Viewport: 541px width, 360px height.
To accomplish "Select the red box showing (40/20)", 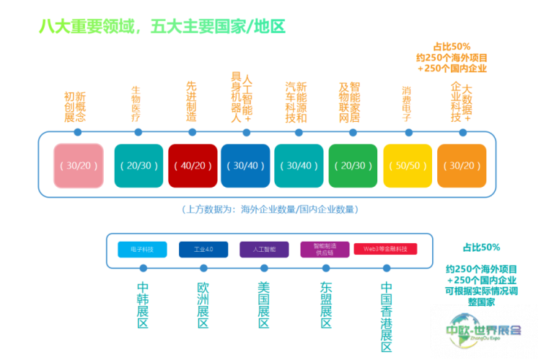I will [192, 165].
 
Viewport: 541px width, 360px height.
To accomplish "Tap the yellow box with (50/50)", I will [408, 165].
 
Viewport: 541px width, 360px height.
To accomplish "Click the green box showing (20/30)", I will [353, 165].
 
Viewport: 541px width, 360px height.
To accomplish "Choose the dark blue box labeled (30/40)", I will [245, 165].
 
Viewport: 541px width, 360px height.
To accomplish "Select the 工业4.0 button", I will [203, 249].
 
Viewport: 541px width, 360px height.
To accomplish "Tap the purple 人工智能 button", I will [264, 249].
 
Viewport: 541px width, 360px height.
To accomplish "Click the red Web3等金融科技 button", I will [385, 249].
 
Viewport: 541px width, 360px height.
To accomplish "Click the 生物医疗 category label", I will [136, 104].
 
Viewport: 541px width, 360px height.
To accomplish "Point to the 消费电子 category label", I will [406, 104].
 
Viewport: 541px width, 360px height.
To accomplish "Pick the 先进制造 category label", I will [191, 101].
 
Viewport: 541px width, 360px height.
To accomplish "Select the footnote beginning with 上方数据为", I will [270, 209].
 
